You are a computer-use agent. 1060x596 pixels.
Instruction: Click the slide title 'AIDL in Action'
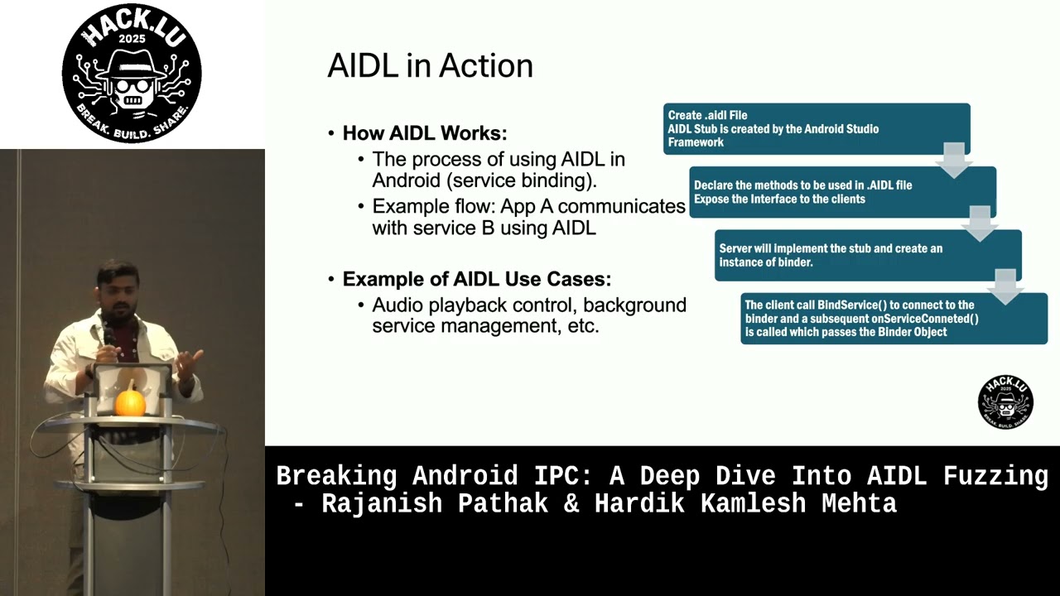(x=430, y=65)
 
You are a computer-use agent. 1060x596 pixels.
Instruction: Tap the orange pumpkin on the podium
(x=130, y=402)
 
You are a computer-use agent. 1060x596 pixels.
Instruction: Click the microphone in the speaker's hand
(x=108, y=332)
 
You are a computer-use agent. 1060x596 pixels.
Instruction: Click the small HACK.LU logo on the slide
(x=1005, y=402)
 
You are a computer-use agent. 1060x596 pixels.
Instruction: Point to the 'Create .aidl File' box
(x=817, y=128)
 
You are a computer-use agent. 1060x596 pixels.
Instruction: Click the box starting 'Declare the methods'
(x=843, y=192)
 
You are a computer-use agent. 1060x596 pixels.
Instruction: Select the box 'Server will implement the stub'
(x=869, y=256)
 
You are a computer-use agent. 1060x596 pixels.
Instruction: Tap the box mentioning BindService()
(x=894, y=319)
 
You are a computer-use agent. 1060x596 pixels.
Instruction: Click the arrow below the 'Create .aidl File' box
(x=954, y=161)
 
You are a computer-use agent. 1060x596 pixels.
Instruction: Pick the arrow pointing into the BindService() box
(x=1005, y=287)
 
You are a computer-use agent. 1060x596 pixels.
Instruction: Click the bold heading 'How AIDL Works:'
(x=425, y=133)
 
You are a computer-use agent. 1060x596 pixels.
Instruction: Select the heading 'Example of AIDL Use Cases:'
(x=476, y=279)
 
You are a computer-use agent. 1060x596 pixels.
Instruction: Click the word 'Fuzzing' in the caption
(x=995, y=477)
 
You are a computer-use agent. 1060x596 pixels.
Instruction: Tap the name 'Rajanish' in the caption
(x=382, y=503)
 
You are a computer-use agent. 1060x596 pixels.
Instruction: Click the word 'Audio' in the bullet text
(x=397, y=305)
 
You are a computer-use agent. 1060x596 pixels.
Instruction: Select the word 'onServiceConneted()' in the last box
(x=925, y=319)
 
